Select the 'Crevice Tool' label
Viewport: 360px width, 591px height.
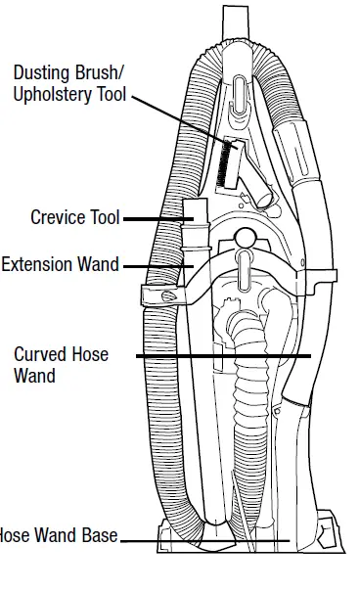74,218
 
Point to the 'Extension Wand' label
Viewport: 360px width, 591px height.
60,264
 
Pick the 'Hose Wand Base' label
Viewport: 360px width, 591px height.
59,536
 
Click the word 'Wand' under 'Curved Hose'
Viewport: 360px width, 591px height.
35,375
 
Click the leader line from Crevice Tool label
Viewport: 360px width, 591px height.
155,219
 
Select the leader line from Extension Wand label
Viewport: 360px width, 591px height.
157,265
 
